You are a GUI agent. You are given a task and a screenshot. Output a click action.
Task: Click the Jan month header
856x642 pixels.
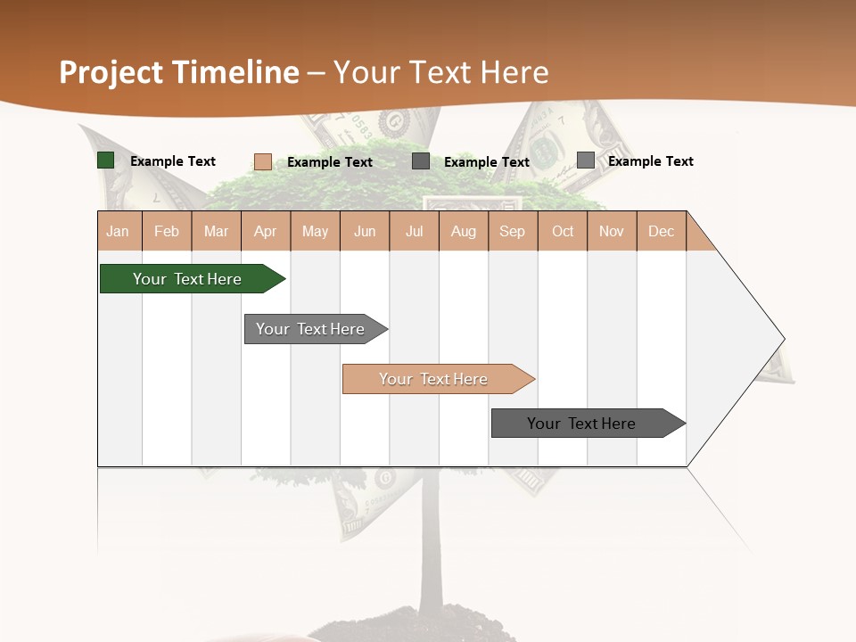pyautogui.click(x=119, y=232)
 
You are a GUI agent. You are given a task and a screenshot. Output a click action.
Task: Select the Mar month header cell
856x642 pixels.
pyautogui.click(x=216, y=232)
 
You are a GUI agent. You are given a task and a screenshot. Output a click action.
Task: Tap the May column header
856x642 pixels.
pyautogui.click(x=315, y=232)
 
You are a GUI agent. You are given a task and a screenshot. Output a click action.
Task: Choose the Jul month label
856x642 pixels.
pyautogui.click(x=414, y=232)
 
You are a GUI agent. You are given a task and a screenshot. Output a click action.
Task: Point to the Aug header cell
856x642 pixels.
pyautogui.click(x=464, y=232)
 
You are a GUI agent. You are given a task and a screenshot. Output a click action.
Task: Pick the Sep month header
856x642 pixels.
pyautogui.click(x=513, y=232)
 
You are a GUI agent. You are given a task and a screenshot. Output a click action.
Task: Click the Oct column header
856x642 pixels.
pyautogui.click(x=563, y=232)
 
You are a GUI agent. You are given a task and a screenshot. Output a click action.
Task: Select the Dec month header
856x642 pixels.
pyautogui.click(x=661, y=232)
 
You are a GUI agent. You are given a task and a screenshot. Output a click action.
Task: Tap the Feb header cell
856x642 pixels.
pyautogui.click(x=167, y=232)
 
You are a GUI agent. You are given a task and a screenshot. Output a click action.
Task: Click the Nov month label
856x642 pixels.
pyautogui.click(x=612, y=232)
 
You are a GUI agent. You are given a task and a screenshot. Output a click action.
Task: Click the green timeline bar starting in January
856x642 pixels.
pyautogui.click(x=187, y=279)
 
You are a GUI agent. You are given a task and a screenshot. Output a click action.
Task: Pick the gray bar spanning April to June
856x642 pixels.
pyautogui.click(x=310, y=329)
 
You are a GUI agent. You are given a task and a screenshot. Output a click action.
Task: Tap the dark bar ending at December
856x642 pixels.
pyautogui.click(x=581, y=424)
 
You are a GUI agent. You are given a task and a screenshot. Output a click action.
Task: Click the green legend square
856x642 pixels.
pyautogui.click(x=106, y=160)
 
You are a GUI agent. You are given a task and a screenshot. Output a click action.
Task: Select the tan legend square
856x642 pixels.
pyautogui.click(x=263, y=161)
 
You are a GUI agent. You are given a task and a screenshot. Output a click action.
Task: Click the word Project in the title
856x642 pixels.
pyautogui.click(x=111, y=72)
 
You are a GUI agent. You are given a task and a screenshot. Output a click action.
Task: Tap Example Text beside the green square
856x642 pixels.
pyautogui.click(x=173, y=161)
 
